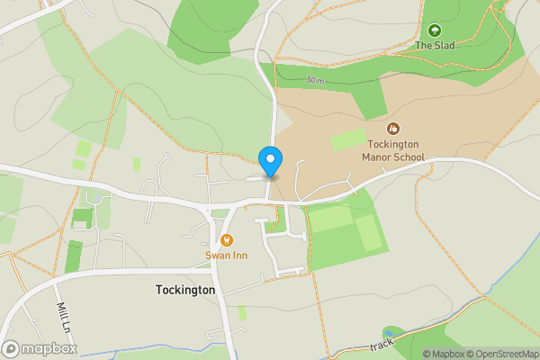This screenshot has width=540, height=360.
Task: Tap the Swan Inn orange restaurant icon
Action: (226, 240)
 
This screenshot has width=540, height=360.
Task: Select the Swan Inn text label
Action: (226, 256)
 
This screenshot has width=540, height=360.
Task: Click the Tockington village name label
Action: (185, 291)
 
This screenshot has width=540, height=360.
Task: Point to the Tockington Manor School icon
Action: (393, 129)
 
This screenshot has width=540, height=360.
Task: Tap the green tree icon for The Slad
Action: (435, 31)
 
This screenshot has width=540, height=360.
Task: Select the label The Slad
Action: (435, 45)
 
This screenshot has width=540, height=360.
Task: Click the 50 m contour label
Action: (315, 81)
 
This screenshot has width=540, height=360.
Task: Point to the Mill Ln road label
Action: (62, 317)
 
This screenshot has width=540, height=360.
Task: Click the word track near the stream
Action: (382, 345)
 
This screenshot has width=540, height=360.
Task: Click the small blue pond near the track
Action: (390, 333)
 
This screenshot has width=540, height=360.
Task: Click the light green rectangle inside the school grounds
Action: (348, 139)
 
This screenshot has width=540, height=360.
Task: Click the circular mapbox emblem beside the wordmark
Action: (11, 348)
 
